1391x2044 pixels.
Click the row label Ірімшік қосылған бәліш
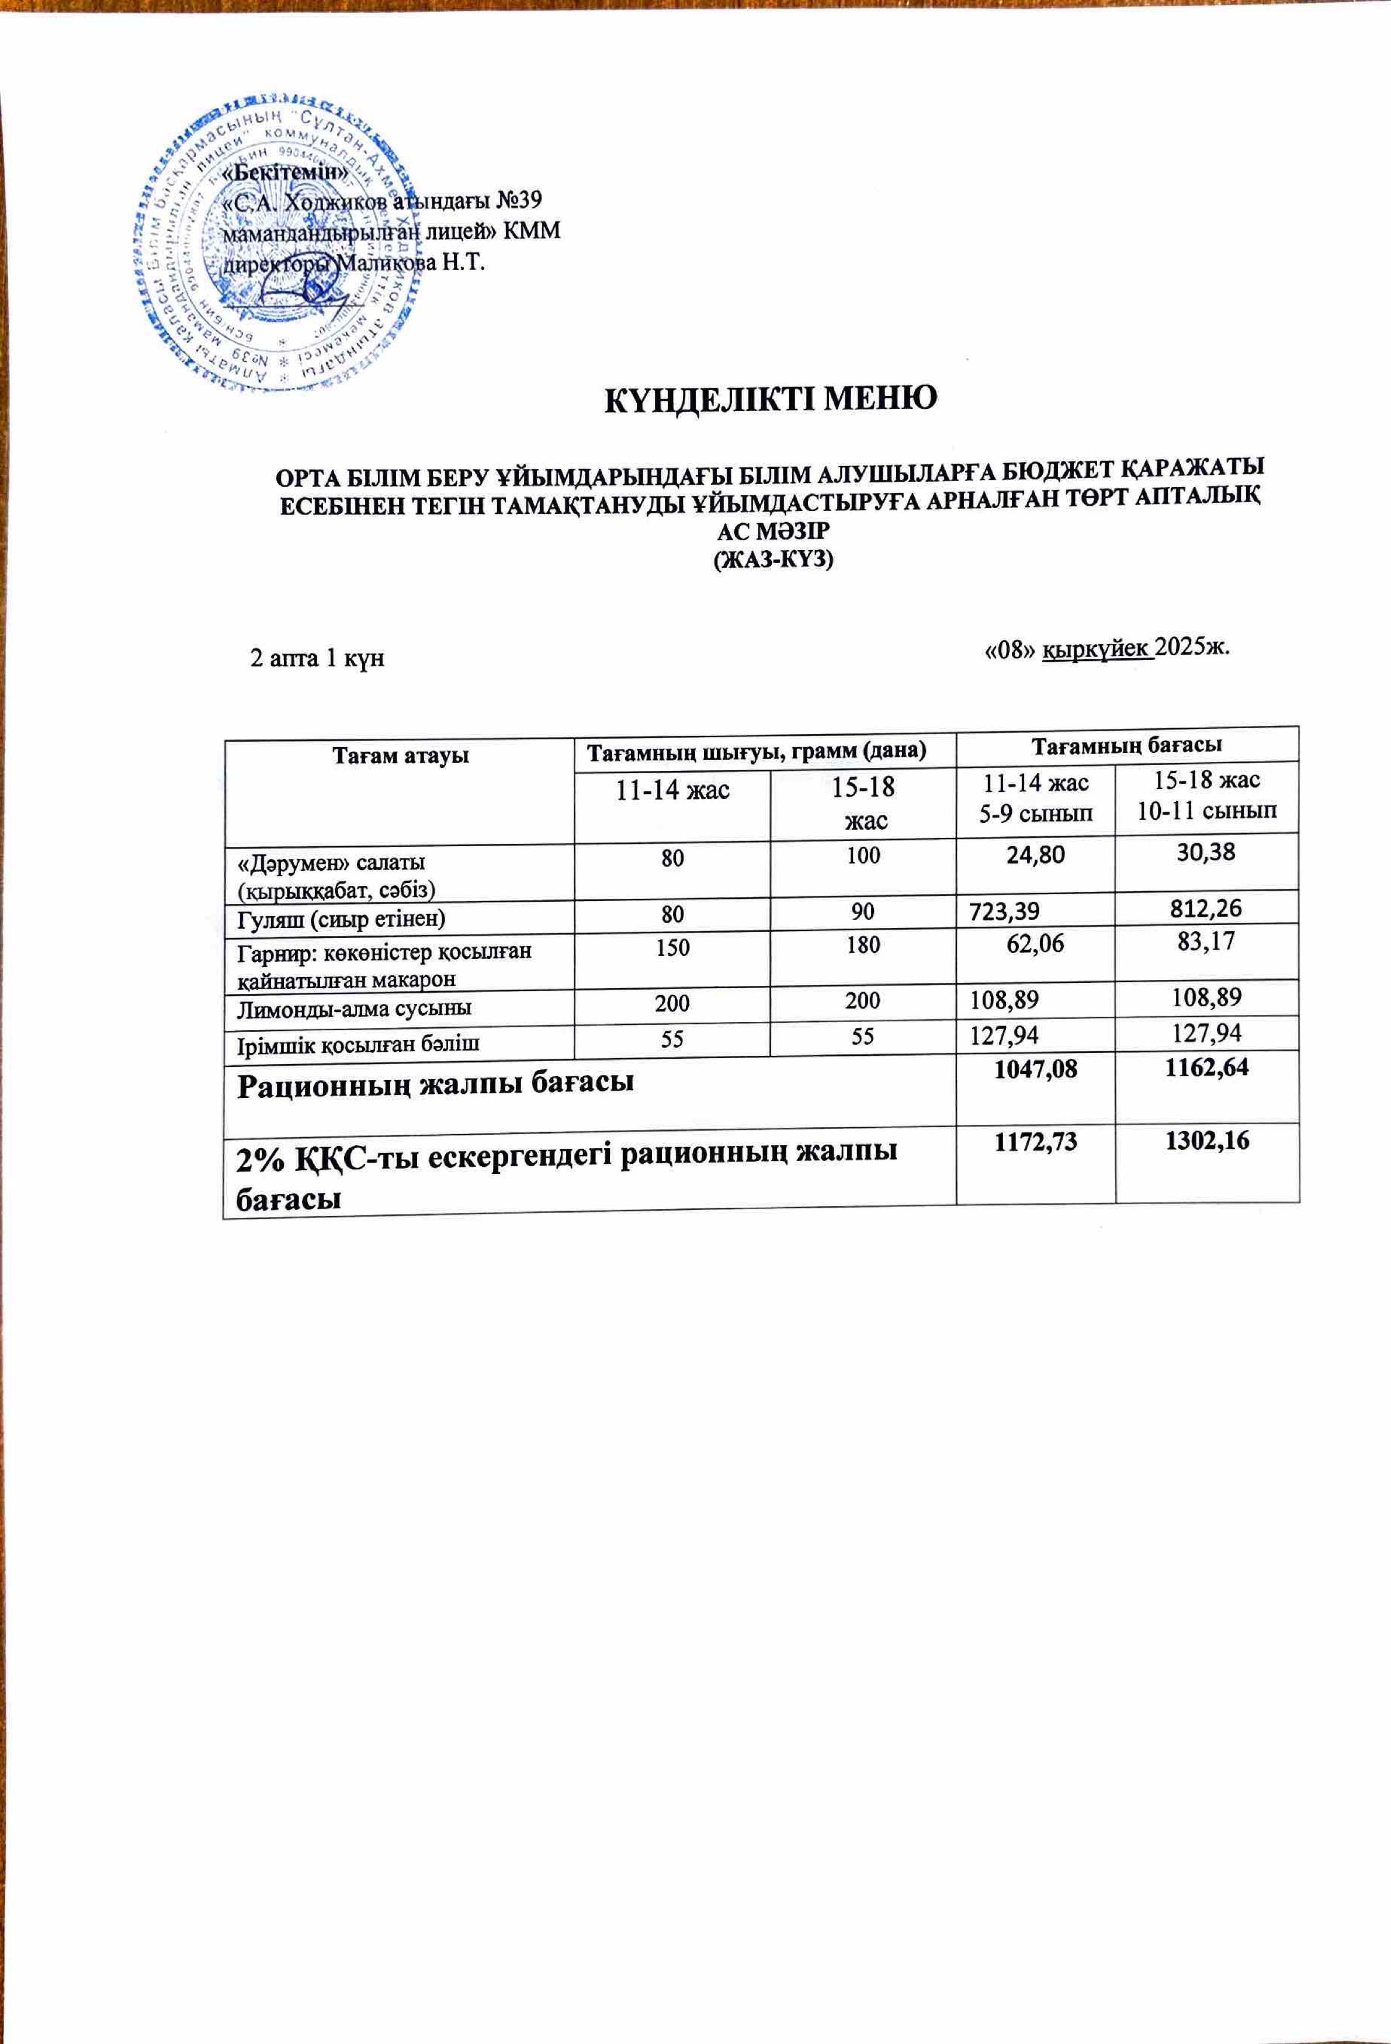point(360,1042)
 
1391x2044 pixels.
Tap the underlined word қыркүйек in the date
point(1097,649)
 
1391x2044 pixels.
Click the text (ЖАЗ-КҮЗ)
point(772,559)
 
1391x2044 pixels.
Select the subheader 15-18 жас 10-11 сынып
point(1206,795)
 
